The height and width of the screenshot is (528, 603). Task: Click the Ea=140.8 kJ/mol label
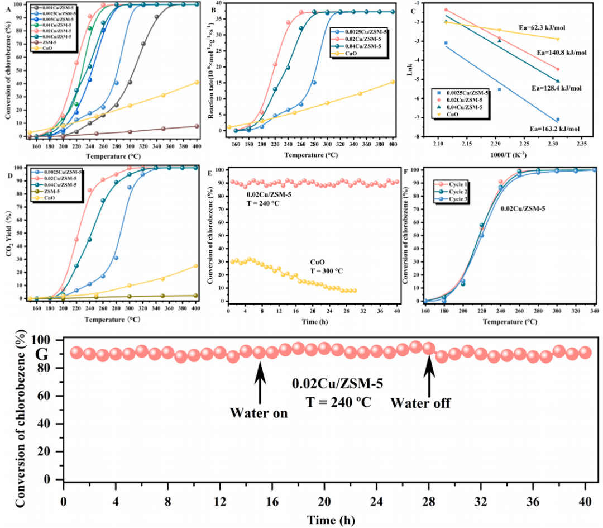click(x=559, y=53)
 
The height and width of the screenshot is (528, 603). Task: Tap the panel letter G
click(x=42, y=354)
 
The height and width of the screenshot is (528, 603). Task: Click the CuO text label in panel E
click(x=318, y=261)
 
